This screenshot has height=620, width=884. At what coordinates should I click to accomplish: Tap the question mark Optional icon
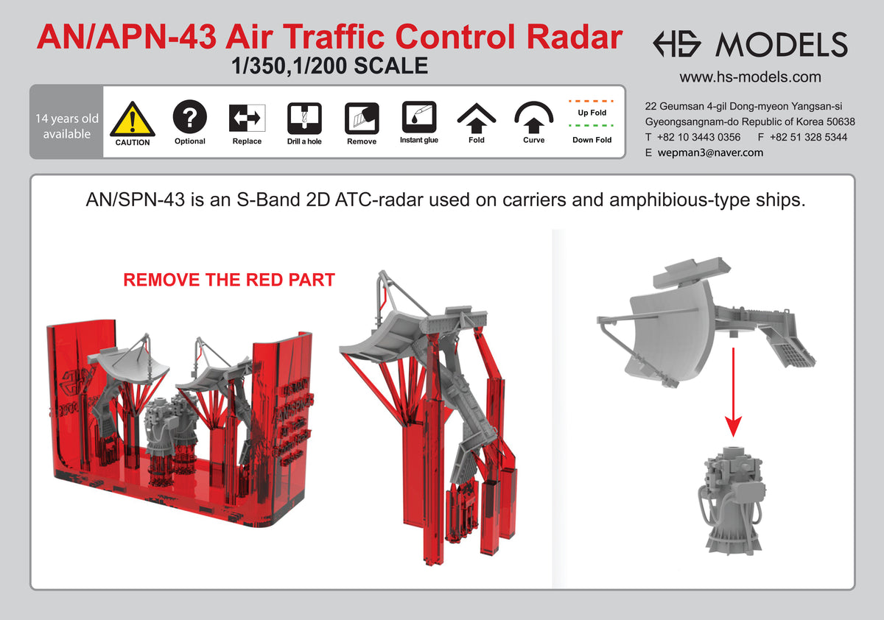pos(189,116)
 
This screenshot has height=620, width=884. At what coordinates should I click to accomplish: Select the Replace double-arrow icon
pos(247,117)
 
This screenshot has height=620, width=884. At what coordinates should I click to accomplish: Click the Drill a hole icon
pos(304,117)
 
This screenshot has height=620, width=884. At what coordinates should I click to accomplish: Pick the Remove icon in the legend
pos(362,117)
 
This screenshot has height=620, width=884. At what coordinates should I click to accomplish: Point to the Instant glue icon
pos(419,116)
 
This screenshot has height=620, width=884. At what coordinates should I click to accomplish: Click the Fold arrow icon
pos(477,116)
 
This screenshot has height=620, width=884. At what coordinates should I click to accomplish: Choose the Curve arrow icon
pos(534,116)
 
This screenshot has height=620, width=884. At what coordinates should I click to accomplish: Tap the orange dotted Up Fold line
pos(592,99)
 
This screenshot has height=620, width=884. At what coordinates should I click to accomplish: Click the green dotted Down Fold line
pos(592,126)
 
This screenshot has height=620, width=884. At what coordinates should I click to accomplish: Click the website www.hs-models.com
pos(750,77)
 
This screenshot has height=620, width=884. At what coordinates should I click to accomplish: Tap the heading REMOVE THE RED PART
pos(228,281)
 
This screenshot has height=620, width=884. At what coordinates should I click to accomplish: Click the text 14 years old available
pos(66,126)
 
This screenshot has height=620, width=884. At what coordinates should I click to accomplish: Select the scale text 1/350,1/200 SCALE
pos(329,66)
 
